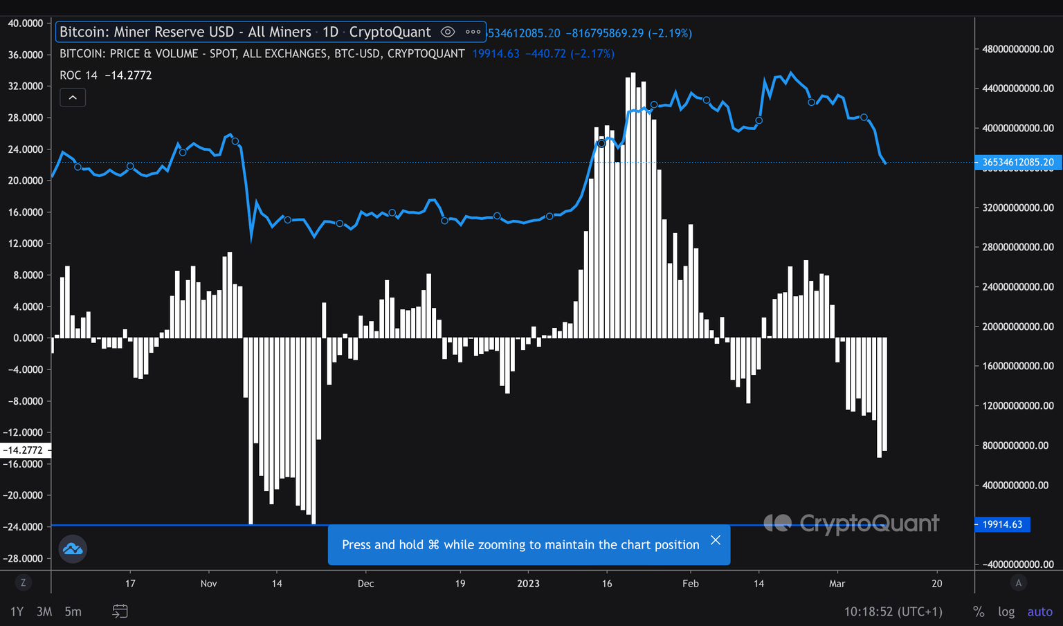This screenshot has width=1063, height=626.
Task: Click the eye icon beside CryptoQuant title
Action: tap(448, 32)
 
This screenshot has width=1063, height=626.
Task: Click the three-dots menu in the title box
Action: tap(473, 32)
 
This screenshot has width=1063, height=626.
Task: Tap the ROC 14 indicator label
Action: tap(78, 75)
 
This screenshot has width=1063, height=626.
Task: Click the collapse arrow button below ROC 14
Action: tap(73, 98)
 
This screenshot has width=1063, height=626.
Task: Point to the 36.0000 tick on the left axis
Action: tap(26, 55)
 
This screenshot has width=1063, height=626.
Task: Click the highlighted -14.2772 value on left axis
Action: tap(24, 450)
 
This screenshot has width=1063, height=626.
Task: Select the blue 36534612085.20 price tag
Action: tap(1017, 163)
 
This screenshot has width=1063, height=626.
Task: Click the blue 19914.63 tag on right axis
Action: tap(1002, 524)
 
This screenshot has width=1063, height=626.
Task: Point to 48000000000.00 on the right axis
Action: tap(1018, 49)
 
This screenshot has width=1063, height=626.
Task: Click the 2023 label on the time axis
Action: tap(528, 584)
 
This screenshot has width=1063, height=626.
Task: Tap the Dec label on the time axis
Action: tap(365, 584)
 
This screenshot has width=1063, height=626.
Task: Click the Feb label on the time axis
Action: tap(690, 584)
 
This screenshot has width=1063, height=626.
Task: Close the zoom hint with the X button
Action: tap(716, 540)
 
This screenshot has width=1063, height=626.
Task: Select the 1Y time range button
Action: tap(17, 611)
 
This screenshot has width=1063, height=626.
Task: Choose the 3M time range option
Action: tap(44, 611)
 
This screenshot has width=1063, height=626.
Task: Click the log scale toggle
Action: tap(1006, 611)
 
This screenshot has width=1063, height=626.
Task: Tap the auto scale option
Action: tap(1039, 611)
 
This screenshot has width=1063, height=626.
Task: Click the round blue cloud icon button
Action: tap(73, 549)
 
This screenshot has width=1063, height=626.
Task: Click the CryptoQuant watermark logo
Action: tap(851, 523)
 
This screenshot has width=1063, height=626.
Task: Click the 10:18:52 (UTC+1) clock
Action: tap(893, 611)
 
